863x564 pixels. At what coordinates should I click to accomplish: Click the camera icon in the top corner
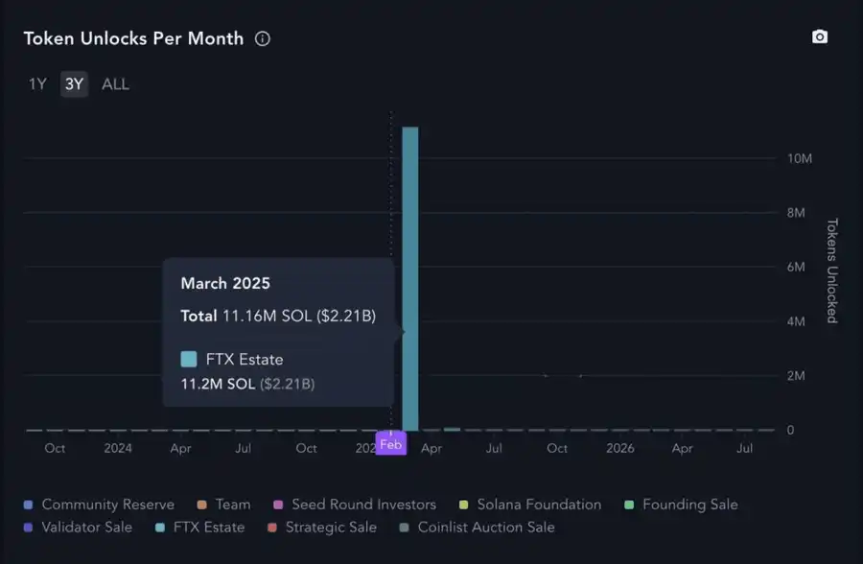[820, 37]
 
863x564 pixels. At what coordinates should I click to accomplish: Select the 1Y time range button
[37, 84]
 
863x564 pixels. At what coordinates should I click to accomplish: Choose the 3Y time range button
[74, 84]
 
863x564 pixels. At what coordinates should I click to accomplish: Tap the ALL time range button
[115, 84]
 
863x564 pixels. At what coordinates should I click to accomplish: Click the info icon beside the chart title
[263, 39]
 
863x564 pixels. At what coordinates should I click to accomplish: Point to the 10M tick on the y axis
[800, 158]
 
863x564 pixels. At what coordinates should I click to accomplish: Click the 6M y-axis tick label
[796, 267]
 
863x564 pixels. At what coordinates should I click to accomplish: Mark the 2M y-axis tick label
[796, 376]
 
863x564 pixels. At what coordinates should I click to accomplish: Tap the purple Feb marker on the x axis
[390, 444]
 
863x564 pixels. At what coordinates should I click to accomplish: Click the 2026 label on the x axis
[619, 448]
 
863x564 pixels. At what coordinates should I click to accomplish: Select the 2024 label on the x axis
[118, 448]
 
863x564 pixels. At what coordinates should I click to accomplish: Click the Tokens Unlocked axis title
[831, 270]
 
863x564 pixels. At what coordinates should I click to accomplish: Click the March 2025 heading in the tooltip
[225, 284]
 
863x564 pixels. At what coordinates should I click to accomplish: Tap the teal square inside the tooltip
[189, 360]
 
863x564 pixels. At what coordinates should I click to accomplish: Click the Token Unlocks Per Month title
[133, 39]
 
